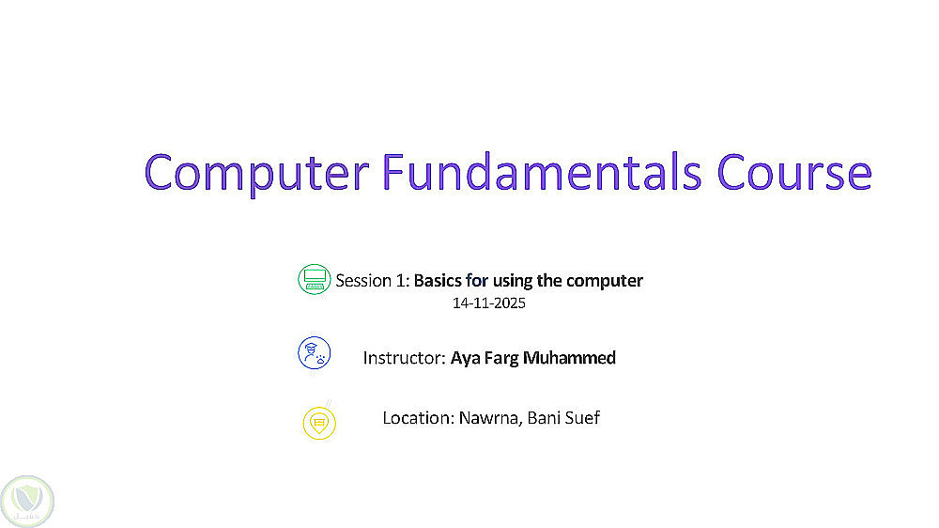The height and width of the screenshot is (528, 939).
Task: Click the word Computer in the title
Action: point(256,173)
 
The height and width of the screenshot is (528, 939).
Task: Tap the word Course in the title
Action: point(794,173)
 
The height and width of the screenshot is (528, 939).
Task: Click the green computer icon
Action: point(315,279)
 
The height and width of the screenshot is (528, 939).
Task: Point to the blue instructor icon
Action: point(315,352)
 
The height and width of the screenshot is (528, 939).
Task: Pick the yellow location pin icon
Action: point(319,423)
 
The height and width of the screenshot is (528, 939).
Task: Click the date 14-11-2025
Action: point(488,303)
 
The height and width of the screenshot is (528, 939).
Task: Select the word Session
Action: point(363,281)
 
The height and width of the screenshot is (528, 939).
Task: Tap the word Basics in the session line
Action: point(438,281)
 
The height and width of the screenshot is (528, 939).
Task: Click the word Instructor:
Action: point(404,358)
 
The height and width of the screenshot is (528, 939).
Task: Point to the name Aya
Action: point(466,359)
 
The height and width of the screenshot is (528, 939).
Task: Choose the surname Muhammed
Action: point(569,358)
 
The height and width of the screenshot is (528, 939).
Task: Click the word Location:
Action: point(419,418)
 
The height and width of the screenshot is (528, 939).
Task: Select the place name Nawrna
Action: point(490,418)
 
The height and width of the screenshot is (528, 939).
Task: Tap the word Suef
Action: point(581,418)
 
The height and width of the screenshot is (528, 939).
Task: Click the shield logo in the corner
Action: point(27,501)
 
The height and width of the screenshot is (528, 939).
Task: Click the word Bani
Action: point(543,418)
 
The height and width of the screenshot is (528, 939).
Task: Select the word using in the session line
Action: point(513,282)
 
